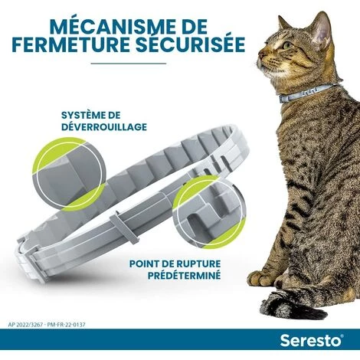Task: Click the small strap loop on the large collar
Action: [123, 227]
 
